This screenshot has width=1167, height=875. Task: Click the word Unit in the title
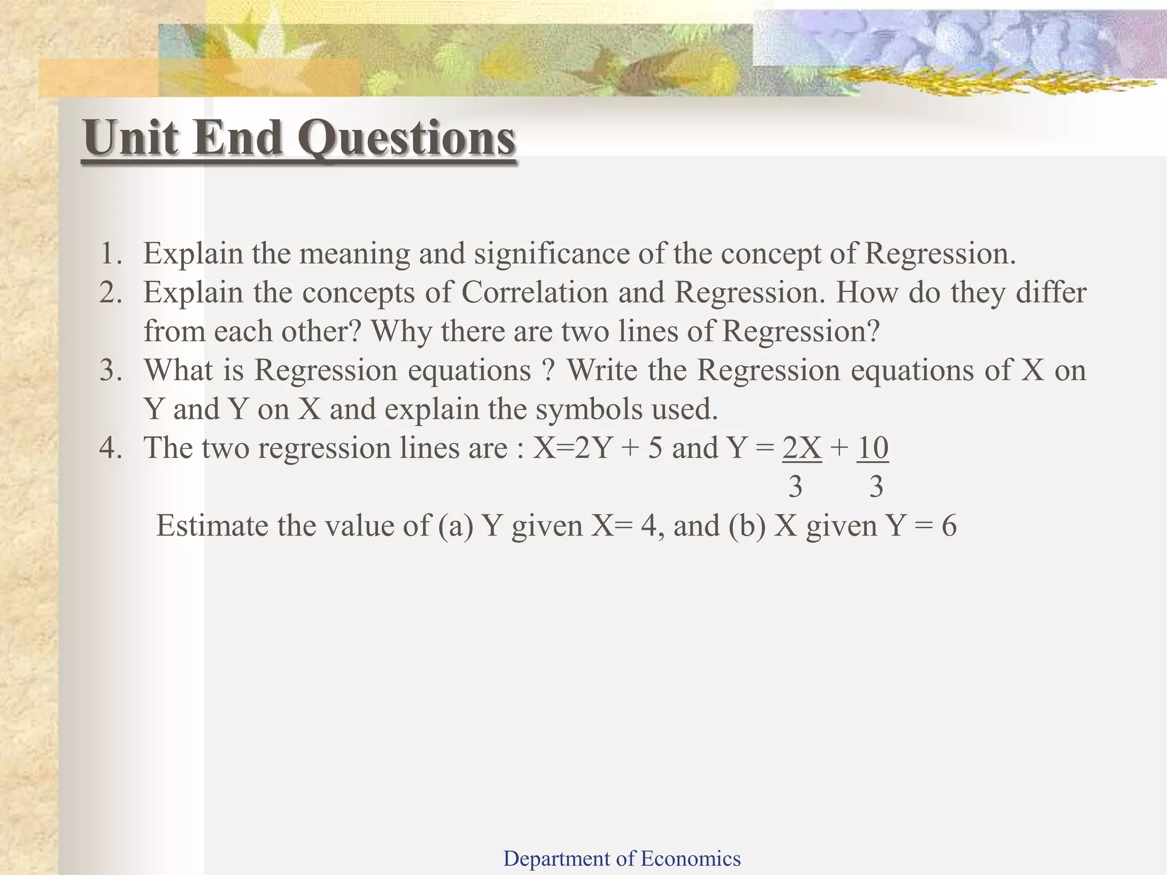pos(131,138)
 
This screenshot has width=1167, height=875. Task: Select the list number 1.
pos(111,254)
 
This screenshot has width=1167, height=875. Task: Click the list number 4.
pos(111,448)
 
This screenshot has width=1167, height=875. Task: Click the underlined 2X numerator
pos(802,448)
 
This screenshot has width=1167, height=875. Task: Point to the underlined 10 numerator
pos(872,448)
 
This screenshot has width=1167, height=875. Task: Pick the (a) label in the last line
pos(456,526)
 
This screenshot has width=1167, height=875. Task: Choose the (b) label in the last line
pos(746,526)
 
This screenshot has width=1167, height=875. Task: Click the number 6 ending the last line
pos(949,526)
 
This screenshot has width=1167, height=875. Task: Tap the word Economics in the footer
pos(691,858)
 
